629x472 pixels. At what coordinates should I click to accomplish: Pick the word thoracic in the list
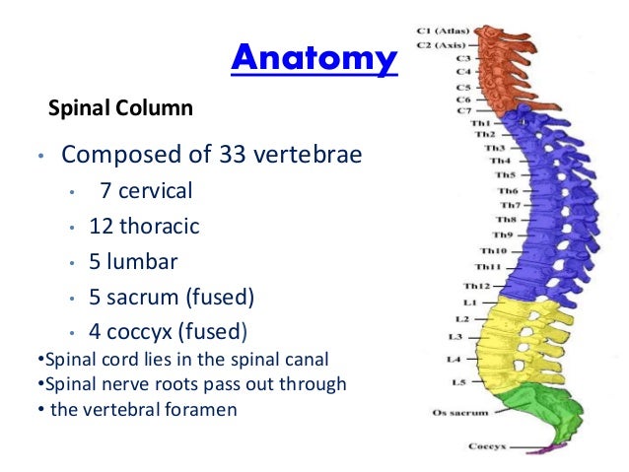click(159, 227)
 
